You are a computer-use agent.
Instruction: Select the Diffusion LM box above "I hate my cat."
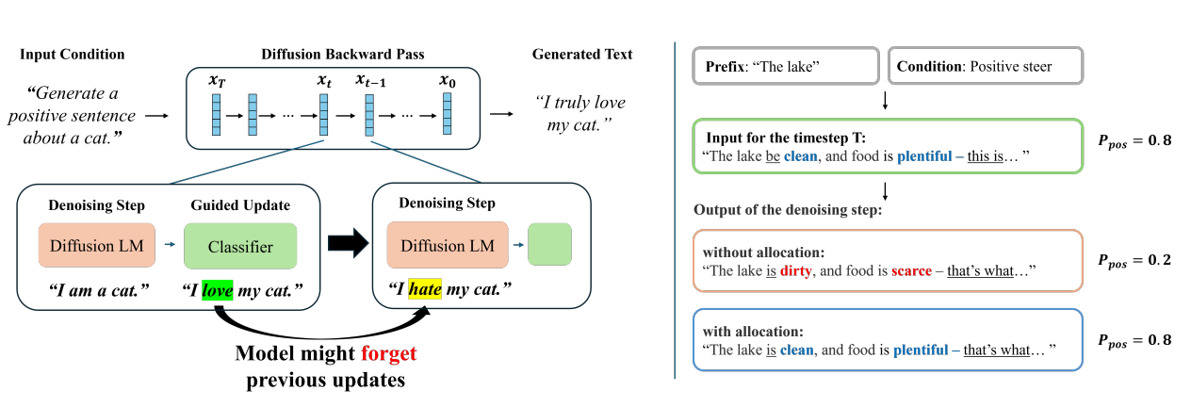tap(447, 246)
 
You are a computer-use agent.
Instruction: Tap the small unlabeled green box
tap(549, 246)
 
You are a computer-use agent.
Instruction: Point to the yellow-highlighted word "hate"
tap(423, 286)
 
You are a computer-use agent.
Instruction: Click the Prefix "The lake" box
tap(786, 67)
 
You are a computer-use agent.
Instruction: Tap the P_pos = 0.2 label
tap(1135, 259)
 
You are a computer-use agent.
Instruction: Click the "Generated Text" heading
tap(581, 55)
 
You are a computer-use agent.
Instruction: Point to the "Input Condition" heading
tap(72, 55)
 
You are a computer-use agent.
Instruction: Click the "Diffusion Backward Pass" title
tap(336, 55)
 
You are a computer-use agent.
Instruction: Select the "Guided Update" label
tap(239, 205)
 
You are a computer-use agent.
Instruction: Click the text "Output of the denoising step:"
tap(789, 209)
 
